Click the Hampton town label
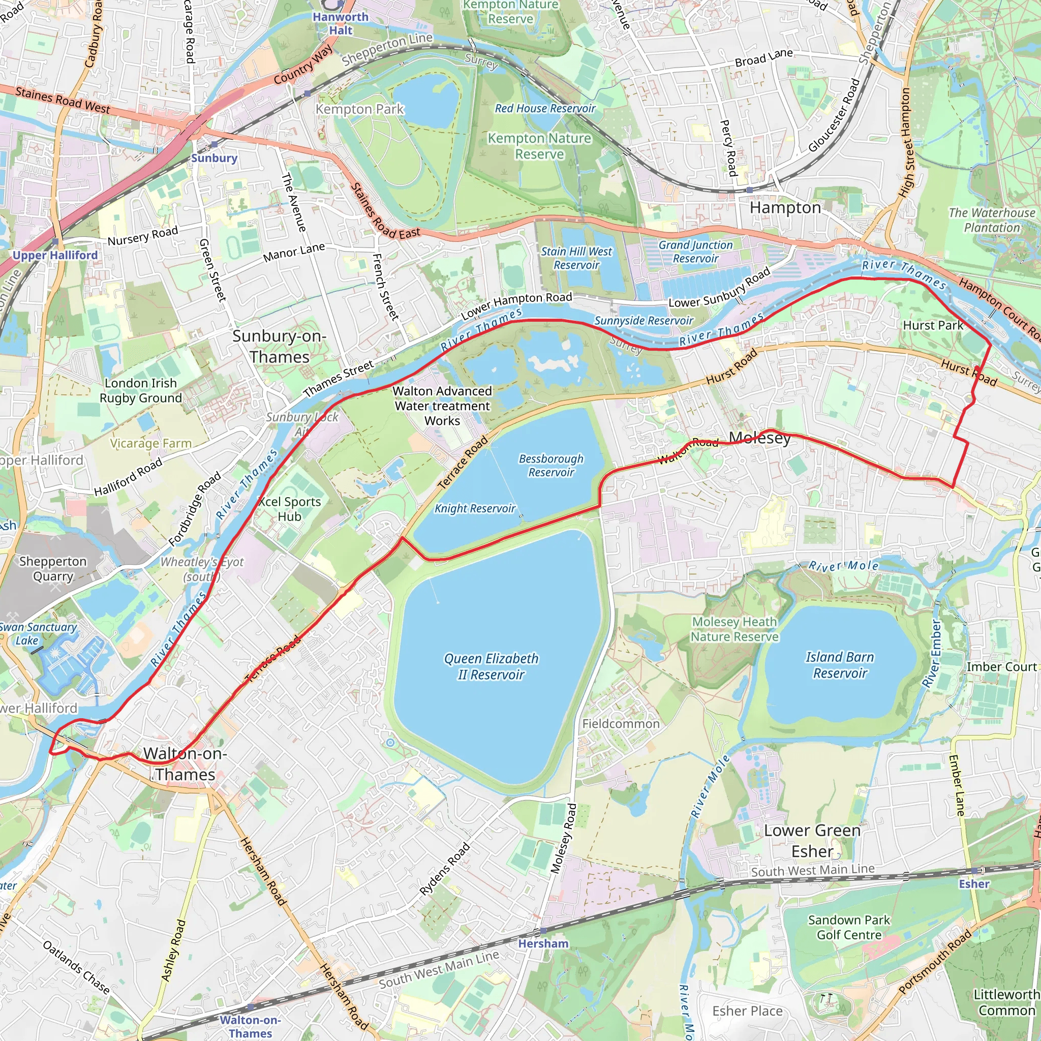tap(785, 208)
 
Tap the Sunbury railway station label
tap(214, 158)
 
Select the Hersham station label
tap(543, 943)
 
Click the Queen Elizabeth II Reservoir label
tap(491, 666)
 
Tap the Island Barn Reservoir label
tap(840, 665)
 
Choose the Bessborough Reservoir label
tap(550, 466)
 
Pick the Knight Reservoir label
tap(475, 509)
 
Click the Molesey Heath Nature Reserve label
tap(734, 629)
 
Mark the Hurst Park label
tap(933, 325)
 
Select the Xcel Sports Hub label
tap(289, 509)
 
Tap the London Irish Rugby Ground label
tap(141, 391)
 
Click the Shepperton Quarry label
tap(53, 569)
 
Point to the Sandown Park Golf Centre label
tap(849, 927)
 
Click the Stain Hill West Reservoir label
tap(576, 258)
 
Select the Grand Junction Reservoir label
tap(696, 252)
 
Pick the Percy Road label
tap(728, 148)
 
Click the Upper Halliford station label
tap(55, 255)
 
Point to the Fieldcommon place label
tap(621, 724)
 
